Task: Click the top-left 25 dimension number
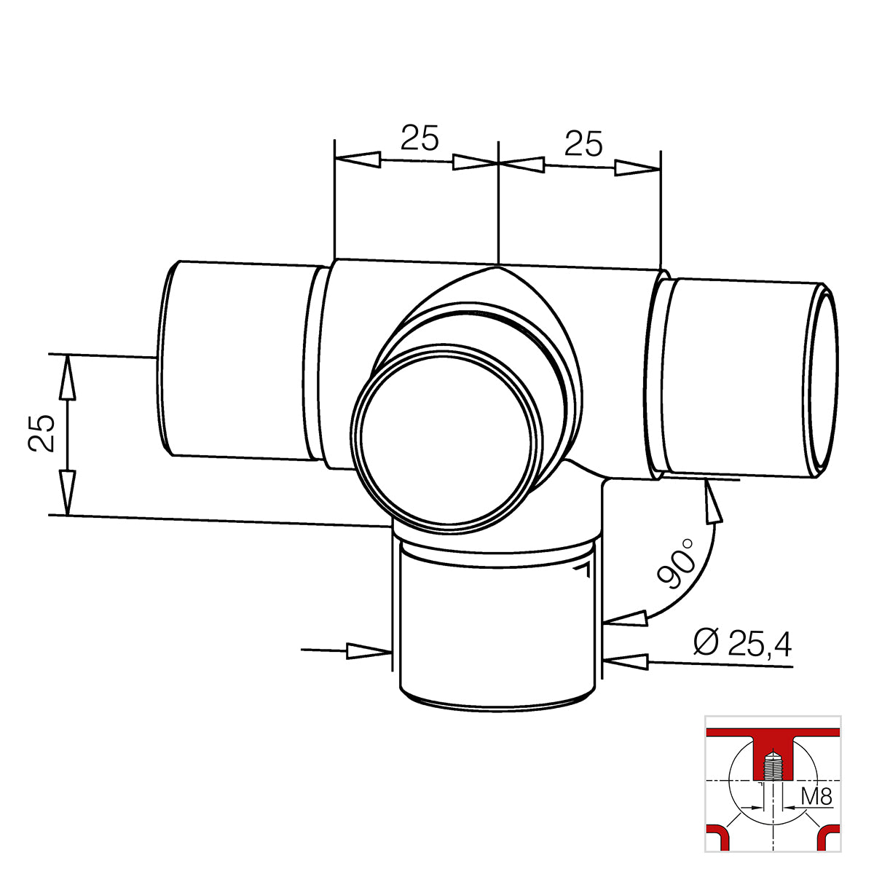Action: tap(420, 137)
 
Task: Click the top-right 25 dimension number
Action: tap(583, 143)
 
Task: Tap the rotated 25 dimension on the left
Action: tap(42, 433)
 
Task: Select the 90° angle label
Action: tap(676, 563)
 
